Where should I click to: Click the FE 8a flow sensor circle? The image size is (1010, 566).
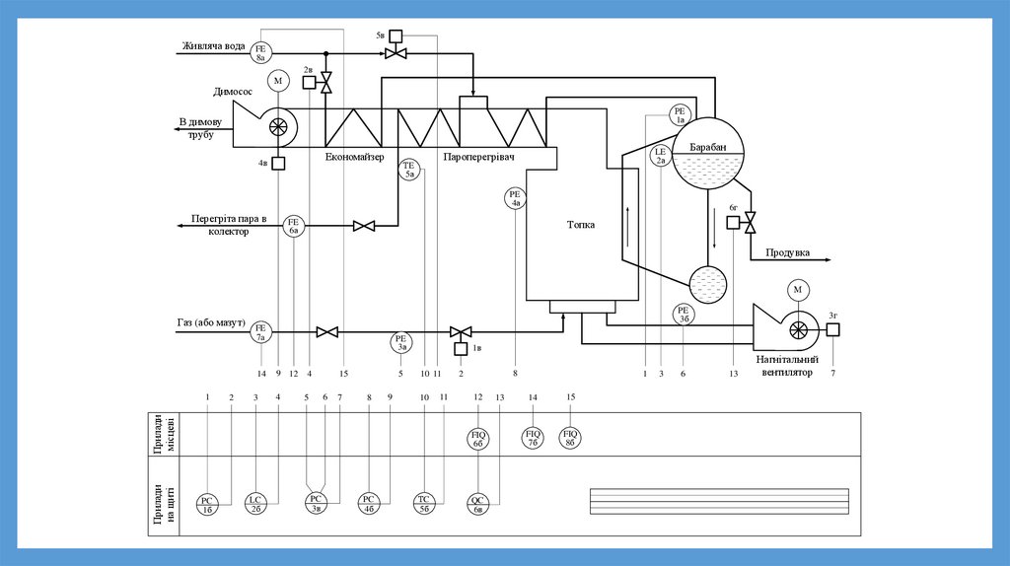tap(261, 53)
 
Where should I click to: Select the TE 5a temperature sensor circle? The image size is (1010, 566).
tap(410, 169)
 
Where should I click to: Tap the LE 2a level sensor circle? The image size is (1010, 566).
tap(662, 156)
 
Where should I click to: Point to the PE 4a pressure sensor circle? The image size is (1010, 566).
tap(515, 198)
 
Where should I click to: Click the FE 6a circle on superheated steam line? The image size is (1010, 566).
tap(294, 227)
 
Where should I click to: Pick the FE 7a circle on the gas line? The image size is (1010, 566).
tap(261, 332)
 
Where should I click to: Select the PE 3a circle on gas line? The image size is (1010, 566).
tap(401, 342)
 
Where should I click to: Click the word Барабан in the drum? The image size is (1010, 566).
tap(707, 148)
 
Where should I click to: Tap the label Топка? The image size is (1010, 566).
tap(581, 224)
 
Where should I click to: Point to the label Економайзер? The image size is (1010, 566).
tap(360, 157)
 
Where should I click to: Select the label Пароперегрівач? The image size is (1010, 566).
tap(480, 157)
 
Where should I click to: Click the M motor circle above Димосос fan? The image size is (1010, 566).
tap(278, 81)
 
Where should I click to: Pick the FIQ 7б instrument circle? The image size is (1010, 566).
tap(534, 437)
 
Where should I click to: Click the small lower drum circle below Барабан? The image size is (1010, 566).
tap(709, 285)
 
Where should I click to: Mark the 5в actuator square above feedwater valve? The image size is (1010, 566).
tap(396, 36)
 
